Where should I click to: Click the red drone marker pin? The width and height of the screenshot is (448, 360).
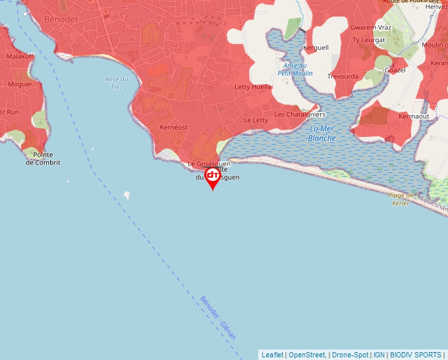click(x=213, y=177)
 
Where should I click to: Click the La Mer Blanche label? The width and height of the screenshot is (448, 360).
click(x=322, y=134)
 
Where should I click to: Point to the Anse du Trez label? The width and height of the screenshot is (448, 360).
click(x=117, y=83)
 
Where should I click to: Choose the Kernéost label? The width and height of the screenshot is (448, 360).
click(x=174, y=127)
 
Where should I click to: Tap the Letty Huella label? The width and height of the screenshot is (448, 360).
click(x=253, y=87)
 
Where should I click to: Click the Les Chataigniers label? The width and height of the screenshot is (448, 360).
click(x=300, y=114)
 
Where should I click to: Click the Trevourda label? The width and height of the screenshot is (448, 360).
click(x=344, y=76)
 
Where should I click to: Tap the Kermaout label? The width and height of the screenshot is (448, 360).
click(x=414, y=116)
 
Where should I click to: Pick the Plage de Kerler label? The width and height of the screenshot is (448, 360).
click(x=401, y=199)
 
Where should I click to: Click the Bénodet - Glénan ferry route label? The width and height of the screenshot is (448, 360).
click(x=218, y=318)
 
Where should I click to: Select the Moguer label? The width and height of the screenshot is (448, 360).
click(x=20, y=85)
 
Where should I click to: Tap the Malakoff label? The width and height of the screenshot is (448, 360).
click(x=20, y=57)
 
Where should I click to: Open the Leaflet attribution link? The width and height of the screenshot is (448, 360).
click(x=272, y=355)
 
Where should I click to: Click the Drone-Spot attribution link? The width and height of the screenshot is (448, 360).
click(x=350, y=355)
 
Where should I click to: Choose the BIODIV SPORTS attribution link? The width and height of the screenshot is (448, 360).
click(x=416, y=355)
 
